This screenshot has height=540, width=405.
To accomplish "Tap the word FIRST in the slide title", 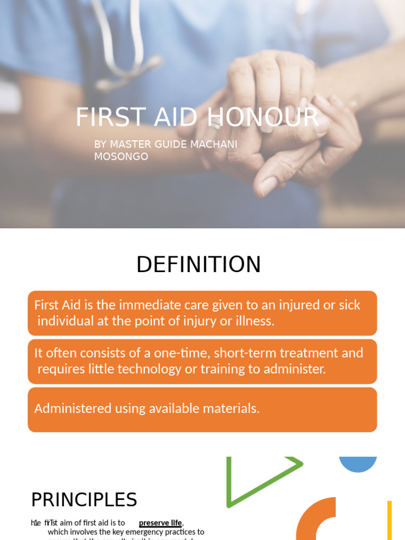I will pyautogui.click(x=102, y=117).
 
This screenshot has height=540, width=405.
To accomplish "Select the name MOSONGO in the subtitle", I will pyautogui.click(x=121, y=157).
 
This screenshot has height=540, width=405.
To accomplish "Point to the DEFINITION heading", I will pyautogui.click(x=198, y=264).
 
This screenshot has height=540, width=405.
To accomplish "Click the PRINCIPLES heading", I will pyautogui.click(x=84, y=499).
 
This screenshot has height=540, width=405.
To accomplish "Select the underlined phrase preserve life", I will pyautogui.click(x=160, y=523).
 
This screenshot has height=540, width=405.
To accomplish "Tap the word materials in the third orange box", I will pyautogui.click(x=234, y=408).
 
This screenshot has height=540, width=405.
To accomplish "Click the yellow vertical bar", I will pyautogui.click(x=389, y=520).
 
